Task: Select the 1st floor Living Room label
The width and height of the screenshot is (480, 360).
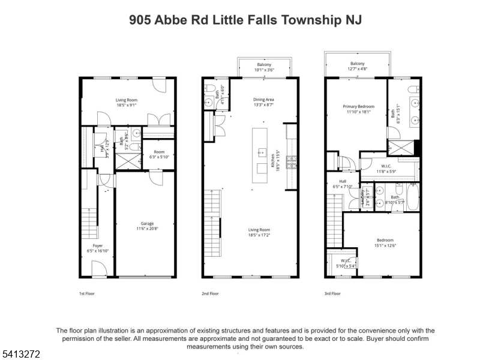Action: [x=127, y=100]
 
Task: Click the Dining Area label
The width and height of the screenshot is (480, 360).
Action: [x=263, y=100]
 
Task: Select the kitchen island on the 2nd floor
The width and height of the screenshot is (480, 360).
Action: [x=261, y=151]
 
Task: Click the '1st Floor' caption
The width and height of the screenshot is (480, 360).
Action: [x=87, y=293]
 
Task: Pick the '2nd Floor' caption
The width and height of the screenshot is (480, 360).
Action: [x=211, y=293]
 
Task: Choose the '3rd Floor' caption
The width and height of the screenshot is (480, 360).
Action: [x=332, y=293]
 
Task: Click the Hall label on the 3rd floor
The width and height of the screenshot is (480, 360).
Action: [x=343, y=181]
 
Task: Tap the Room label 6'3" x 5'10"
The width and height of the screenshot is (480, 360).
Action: [x=158, y=152]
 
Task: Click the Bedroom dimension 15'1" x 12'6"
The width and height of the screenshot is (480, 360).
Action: [x=385, y=245]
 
